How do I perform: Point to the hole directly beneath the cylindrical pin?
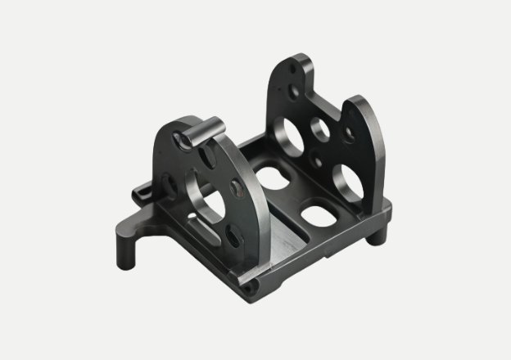pos(184,144)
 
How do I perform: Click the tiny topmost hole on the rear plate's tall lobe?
pos(295,72)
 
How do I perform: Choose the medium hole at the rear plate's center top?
pos(319,128)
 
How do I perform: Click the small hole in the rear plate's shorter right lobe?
pos(350,131)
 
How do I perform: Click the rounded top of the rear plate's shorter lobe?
pos(360,102)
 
